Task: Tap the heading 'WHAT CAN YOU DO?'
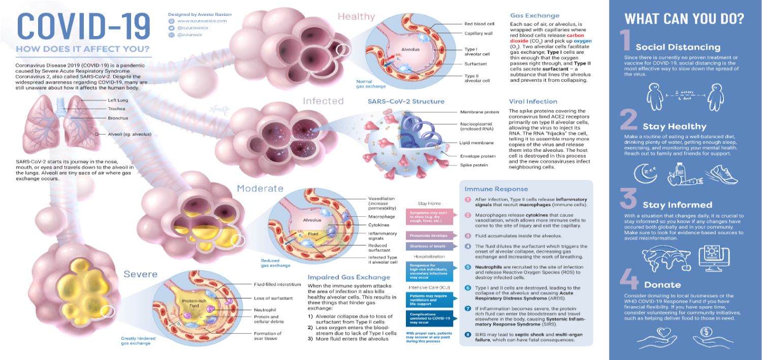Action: point(684,19)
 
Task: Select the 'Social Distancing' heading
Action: point(678,47)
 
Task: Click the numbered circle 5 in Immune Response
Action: point(468,267)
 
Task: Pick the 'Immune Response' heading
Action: point(490,189)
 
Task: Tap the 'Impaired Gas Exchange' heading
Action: point(348,277)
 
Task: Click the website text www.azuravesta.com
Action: point(202,21)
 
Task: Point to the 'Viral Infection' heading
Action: point(533,102)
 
